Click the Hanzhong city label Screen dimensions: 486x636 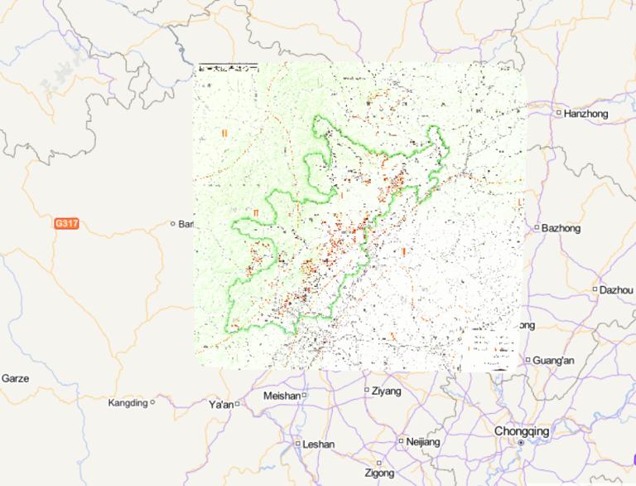[x=586, y=114]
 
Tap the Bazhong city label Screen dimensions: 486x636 [x=561, y=228]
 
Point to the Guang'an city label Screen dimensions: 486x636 [x=554, y=360]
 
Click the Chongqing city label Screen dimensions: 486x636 [x=522, y=431]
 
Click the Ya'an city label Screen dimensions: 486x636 [x=221, y=405]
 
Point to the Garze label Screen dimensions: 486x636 [x=15, y=378]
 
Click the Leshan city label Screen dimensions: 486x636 [x=319, y=445]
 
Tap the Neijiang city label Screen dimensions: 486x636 [x=423, y=442]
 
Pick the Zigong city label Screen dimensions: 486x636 [x=380, y=473]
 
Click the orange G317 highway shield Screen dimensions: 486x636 [x=66, y=224]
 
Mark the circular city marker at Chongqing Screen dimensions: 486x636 [x=521, y=444]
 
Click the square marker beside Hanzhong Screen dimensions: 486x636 [x=559, y=113]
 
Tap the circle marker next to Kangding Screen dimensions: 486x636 [x=152, y=403]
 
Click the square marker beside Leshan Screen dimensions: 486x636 [x=298, y=444]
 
